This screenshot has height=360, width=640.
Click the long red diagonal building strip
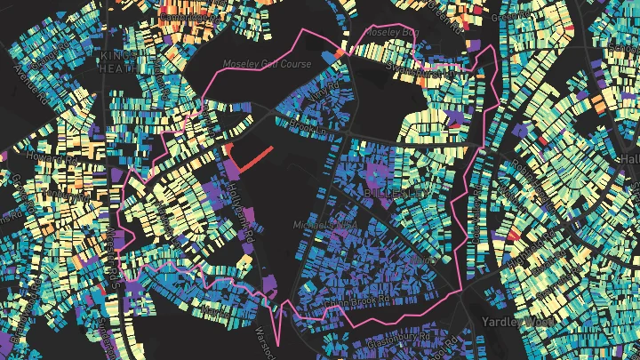[255, 158]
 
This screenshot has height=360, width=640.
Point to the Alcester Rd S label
[114, 253]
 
